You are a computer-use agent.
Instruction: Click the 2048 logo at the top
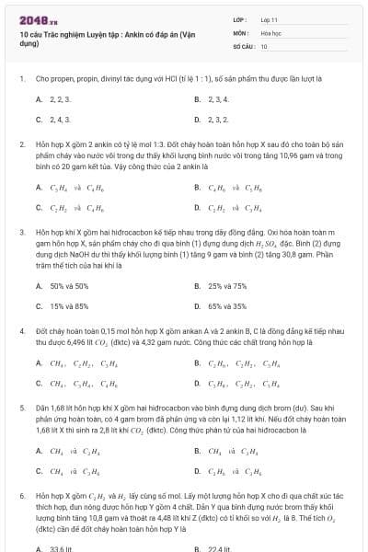(33, 19)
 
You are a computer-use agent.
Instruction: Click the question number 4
(21, 329)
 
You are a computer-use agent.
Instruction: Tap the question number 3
(21, 234)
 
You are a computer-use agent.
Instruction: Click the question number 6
(21, 494)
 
